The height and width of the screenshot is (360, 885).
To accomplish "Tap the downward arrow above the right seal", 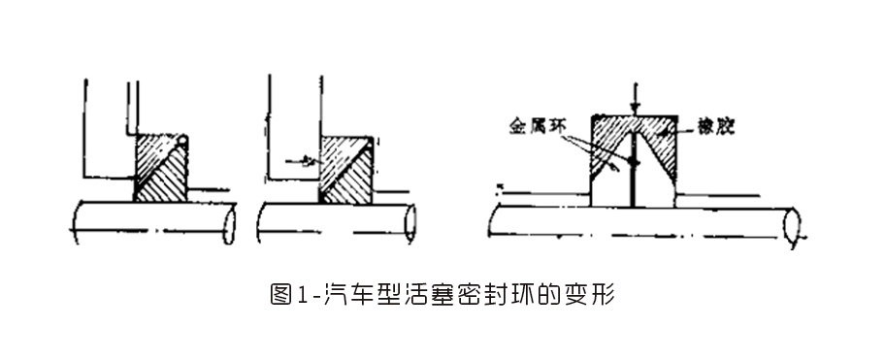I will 633,101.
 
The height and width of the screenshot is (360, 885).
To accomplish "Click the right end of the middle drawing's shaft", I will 411,223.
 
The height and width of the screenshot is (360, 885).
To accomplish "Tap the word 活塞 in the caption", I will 423,292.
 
